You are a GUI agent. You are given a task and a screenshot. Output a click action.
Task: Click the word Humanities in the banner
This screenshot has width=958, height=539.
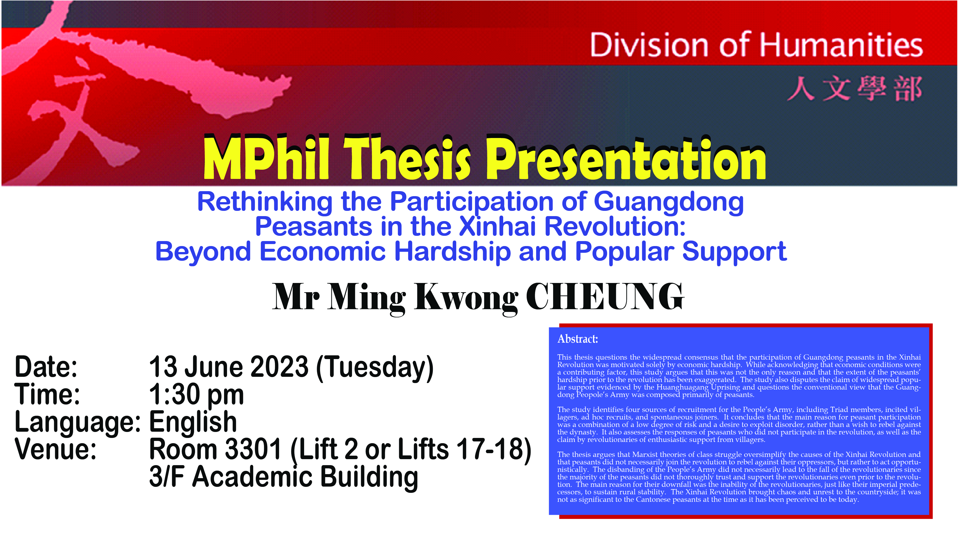click(841, 45)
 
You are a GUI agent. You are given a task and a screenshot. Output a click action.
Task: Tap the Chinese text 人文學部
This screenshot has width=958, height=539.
click(855, 89)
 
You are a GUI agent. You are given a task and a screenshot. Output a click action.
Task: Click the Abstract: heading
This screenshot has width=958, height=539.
click(578, 339)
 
